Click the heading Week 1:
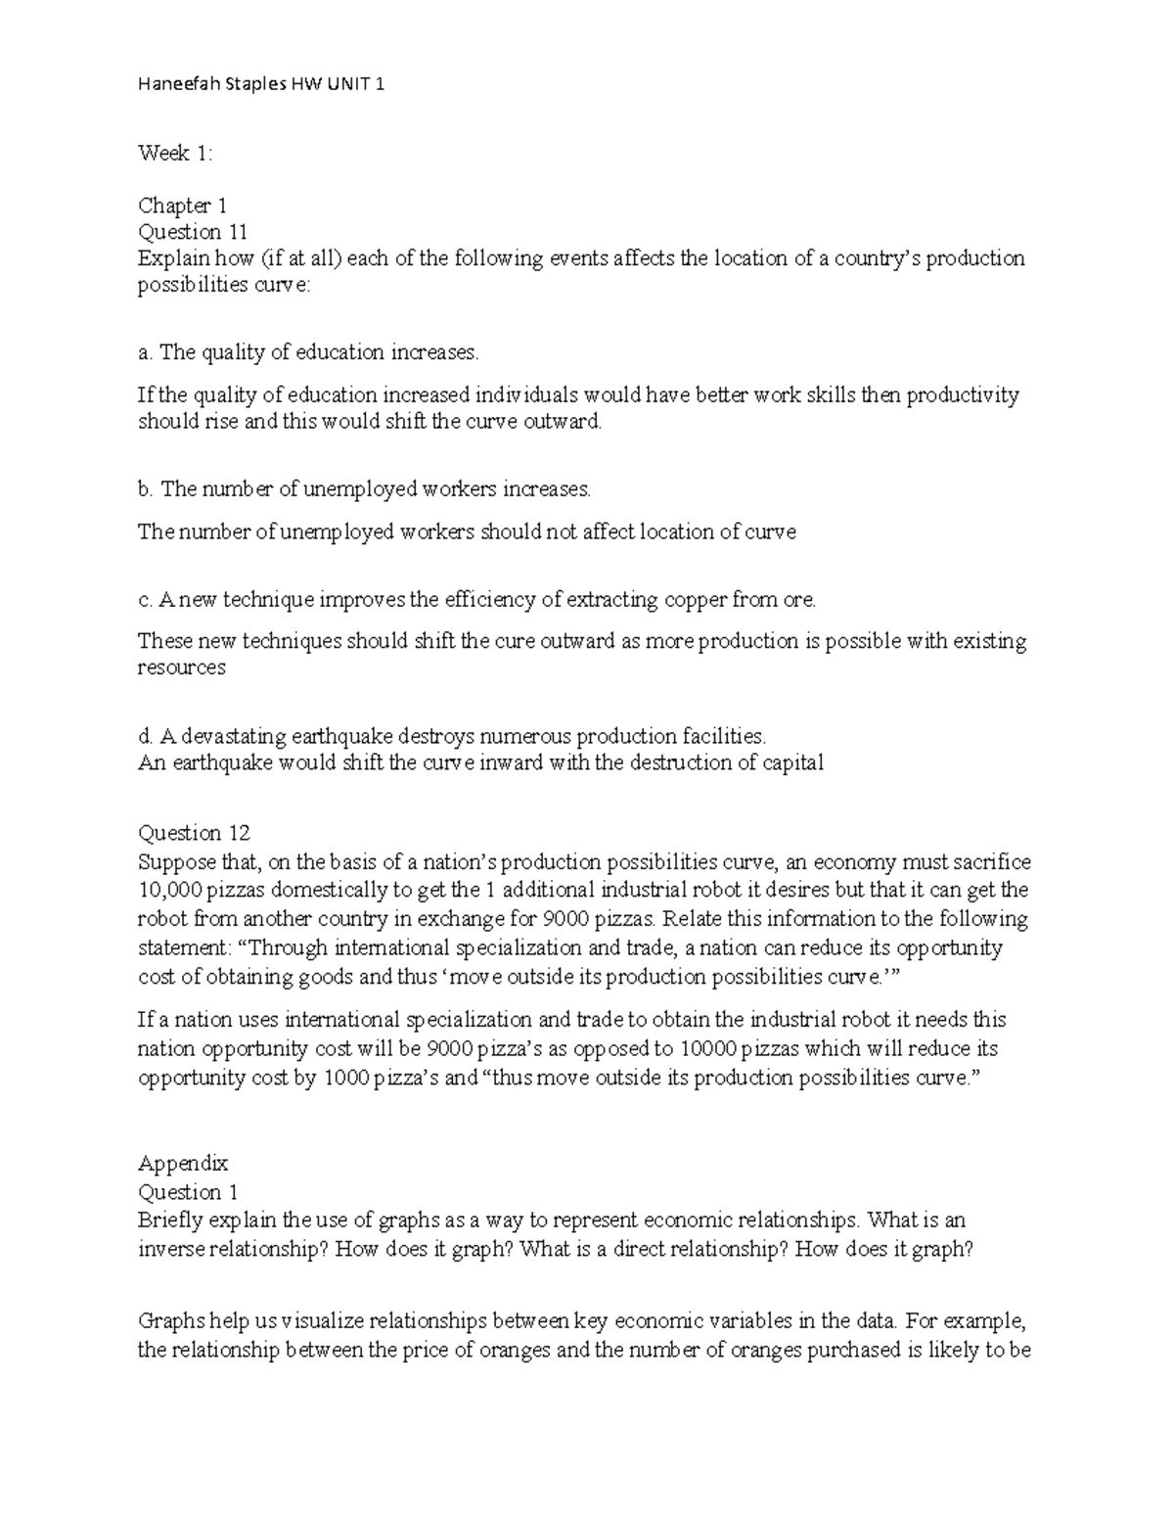175,153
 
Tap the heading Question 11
192,232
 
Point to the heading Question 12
194,833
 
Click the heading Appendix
182,1163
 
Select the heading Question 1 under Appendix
188,1191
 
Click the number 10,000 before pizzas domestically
168,890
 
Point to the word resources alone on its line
181,668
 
